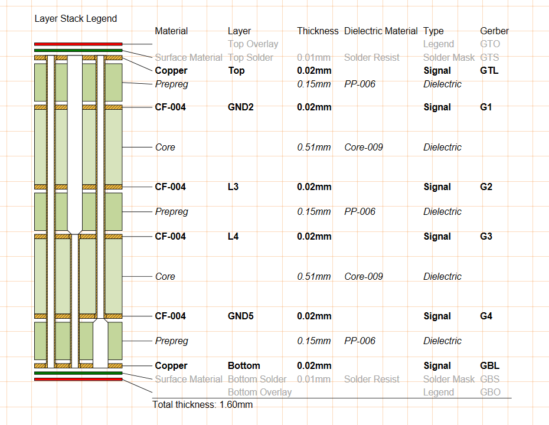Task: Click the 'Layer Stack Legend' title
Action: click(76, 18)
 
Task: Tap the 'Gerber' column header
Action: click(494, 31)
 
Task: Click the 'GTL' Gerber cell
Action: click(489, 70)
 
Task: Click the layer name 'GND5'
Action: click(240, 316)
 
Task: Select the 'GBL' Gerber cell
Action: click(489, 365)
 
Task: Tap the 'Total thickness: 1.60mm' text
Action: click(202, 404)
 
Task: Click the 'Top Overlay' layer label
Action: click(253, 44)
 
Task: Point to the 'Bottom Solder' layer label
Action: click(257, 379)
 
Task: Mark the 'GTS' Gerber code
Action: click(489, 57)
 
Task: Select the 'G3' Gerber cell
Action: click(486, 236)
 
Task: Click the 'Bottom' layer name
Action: click(244, 365)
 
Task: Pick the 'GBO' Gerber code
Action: click(490, 392)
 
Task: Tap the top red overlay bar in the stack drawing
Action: click(78, 44)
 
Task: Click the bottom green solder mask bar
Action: click(78, 373)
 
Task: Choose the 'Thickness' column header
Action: click(318, 31)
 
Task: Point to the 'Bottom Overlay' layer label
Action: click(260, 392)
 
